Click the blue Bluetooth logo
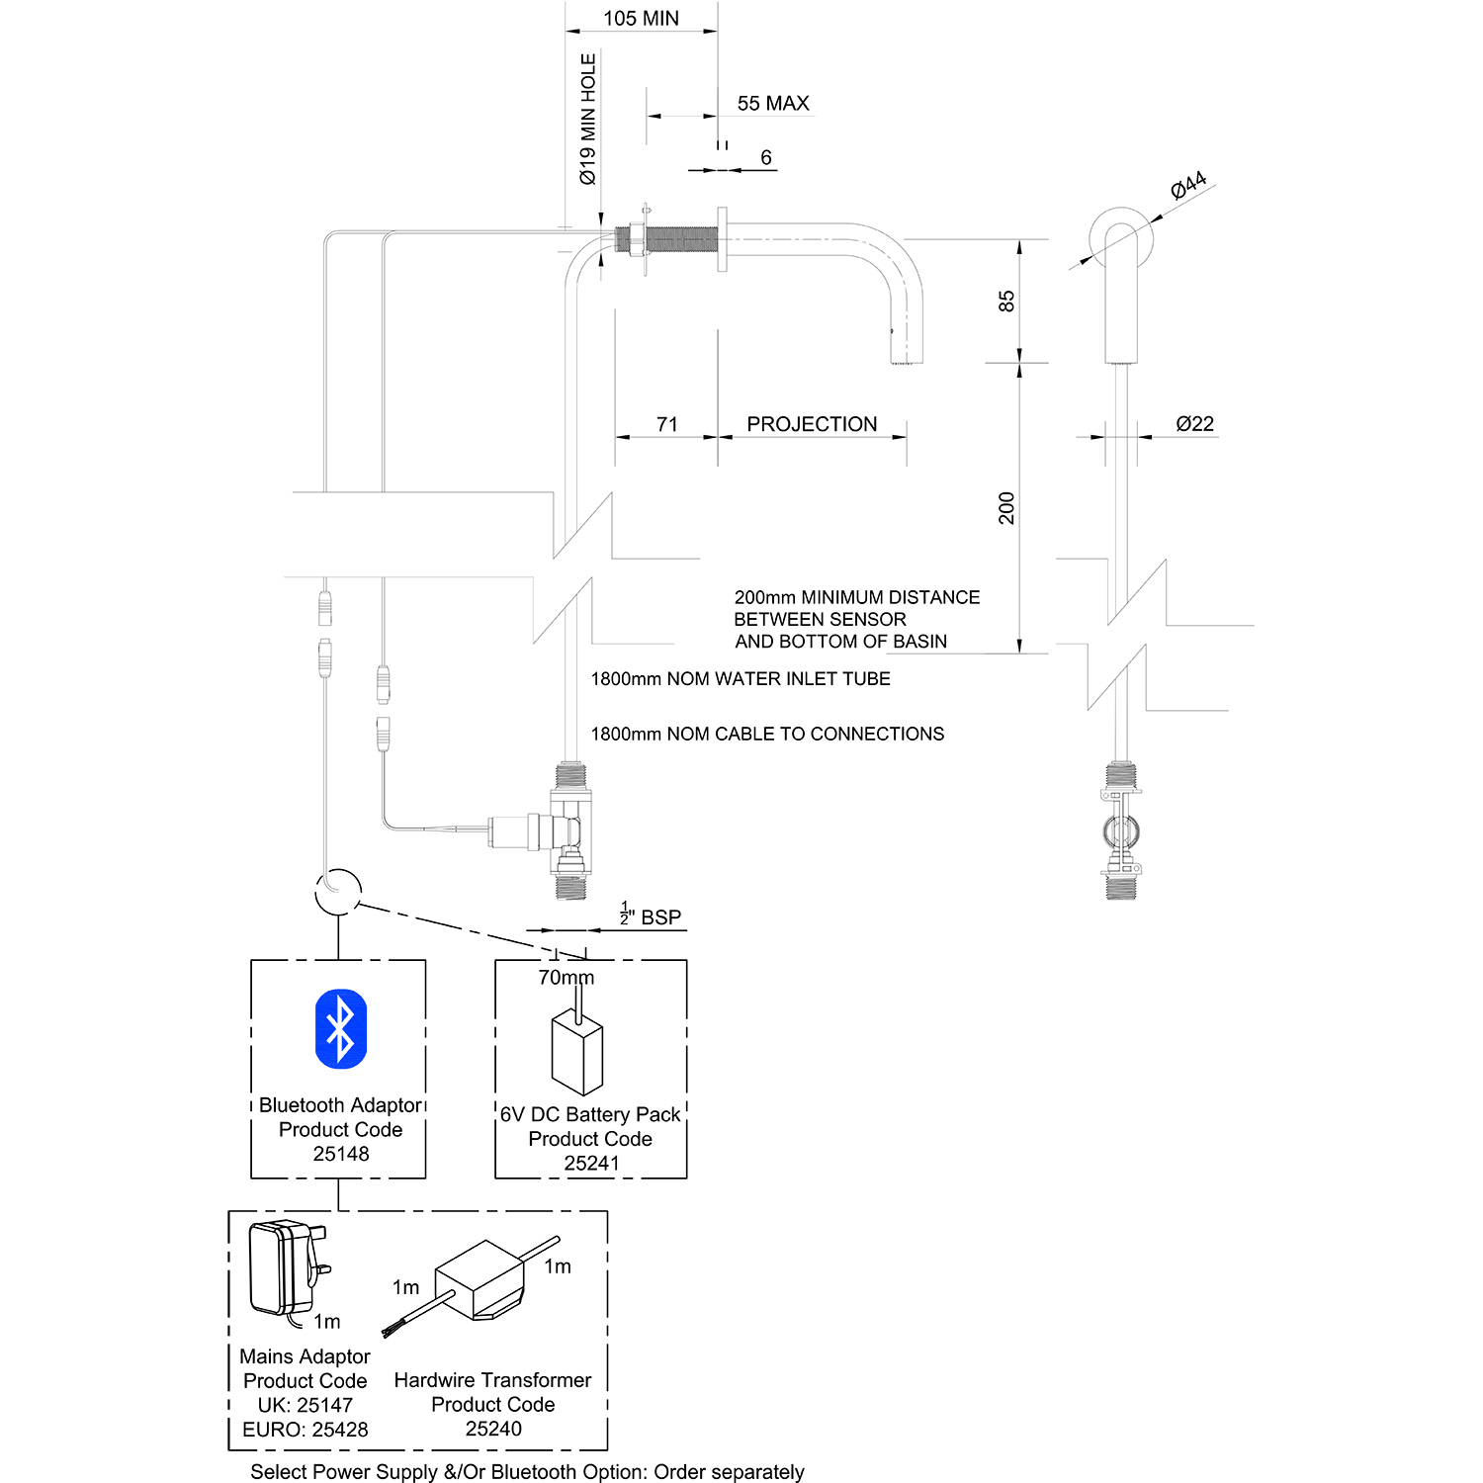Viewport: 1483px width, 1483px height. [340, 1029]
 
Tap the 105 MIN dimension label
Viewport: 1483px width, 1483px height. [641, 19]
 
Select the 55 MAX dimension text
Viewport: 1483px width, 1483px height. [773, 104]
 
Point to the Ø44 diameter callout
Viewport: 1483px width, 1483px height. [1188, 185]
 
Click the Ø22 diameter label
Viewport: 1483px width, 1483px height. [1194, 424]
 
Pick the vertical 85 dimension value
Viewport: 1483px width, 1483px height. [1006, 302]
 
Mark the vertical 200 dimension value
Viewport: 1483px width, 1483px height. [1006, 507]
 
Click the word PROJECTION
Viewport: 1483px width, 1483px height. [812, 424]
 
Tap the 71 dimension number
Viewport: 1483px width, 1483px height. [667, 424]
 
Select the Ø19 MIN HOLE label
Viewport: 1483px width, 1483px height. [588, 120]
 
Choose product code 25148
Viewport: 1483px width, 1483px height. [341, 1154]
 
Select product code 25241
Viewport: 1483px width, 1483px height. [591, 1164]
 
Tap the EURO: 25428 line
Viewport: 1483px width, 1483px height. [305, 1430]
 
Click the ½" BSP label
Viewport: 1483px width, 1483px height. [652, 916]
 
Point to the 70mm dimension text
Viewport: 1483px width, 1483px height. [566, 978]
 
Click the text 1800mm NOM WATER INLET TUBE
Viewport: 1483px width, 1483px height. [741, 679]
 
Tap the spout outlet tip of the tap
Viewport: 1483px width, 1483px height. [902, 361]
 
